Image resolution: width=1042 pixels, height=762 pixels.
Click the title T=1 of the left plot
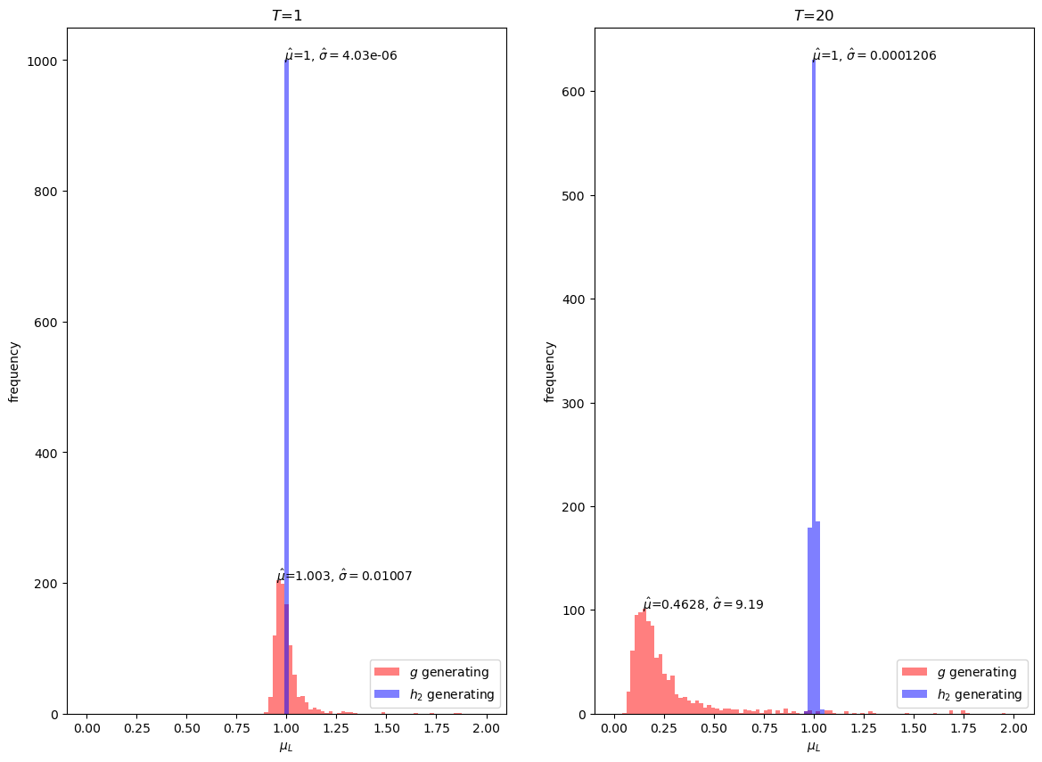point(286,15)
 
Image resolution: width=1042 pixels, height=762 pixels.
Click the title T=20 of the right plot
point(814,15)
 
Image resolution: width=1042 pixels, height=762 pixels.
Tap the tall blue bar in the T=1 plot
point(286,356)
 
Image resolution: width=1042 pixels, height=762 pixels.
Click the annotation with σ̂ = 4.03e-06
point(340,55)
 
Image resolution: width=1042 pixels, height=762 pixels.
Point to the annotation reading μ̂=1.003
point(344,576)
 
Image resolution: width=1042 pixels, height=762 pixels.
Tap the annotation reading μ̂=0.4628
point(702,604)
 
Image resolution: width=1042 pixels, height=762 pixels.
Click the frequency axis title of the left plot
point(14,371)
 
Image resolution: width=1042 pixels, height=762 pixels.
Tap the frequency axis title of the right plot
point(550,371)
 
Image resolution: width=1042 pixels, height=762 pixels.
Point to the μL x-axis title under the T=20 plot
point(814,747)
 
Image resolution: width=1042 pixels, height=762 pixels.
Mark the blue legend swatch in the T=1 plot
point(387,694)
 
